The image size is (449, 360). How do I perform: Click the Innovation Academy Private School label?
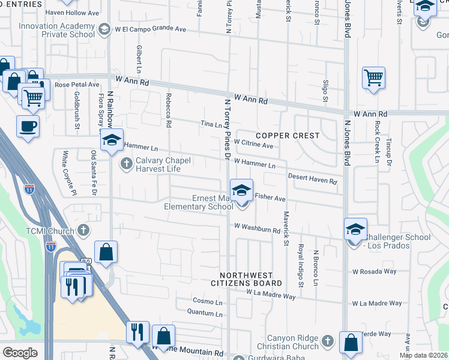tap(57, 30)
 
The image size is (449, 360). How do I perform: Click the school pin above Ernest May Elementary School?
tap(241, 191)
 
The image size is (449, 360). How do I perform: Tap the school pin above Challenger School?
tap(355, 229)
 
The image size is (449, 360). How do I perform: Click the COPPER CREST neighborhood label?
tap(289, 136)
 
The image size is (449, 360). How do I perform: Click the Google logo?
tap(20, 352)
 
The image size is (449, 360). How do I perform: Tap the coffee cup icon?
tap(28, 127)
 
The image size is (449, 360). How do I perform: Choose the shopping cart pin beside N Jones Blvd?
tap(373, 77)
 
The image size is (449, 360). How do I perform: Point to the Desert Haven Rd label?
tap(312, 178)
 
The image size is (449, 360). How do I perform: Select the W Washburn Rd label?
tap(258, 229)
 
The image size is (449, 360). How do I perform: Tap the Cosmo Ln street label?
tap(208, 301)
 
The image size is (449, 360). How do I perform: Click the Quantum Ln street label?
tap(205, 313)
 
